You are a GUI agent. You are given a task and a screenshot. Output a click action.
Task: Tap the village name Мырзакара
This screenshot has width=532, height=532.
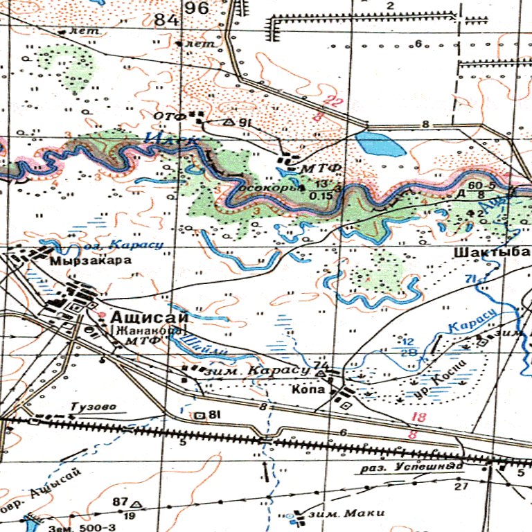tap(81, 262)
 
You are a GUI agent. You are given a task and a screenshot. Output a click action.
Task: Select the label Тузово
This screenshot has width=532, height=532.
tap(92, 406)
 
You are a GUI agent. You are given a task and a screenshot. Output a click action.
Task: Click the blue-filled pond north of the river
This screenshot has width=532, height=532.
tap(379, 144)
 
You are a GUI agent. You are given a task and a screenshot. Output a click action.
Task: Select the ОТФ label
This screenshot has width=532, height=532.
tap(170, 116)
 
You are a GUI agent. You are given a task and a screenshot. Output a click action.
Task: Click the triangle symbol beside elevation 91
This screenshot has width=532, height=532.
tap(229, 122)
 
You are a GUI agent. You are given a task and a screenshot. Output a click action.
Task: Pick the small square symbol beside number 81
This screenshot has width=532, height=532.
tap(200, 416)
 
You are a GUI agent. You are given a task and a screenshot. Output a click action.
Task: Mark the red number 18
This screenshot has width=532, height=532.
tap(418, 417)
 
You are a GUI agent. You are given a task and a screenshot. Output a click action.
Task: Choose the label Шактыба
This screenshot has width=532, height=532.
tap(492, 252)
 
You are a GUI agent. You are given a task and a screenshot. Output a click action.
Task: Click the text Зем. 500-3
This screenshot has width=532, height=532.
tap(82, 528)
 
